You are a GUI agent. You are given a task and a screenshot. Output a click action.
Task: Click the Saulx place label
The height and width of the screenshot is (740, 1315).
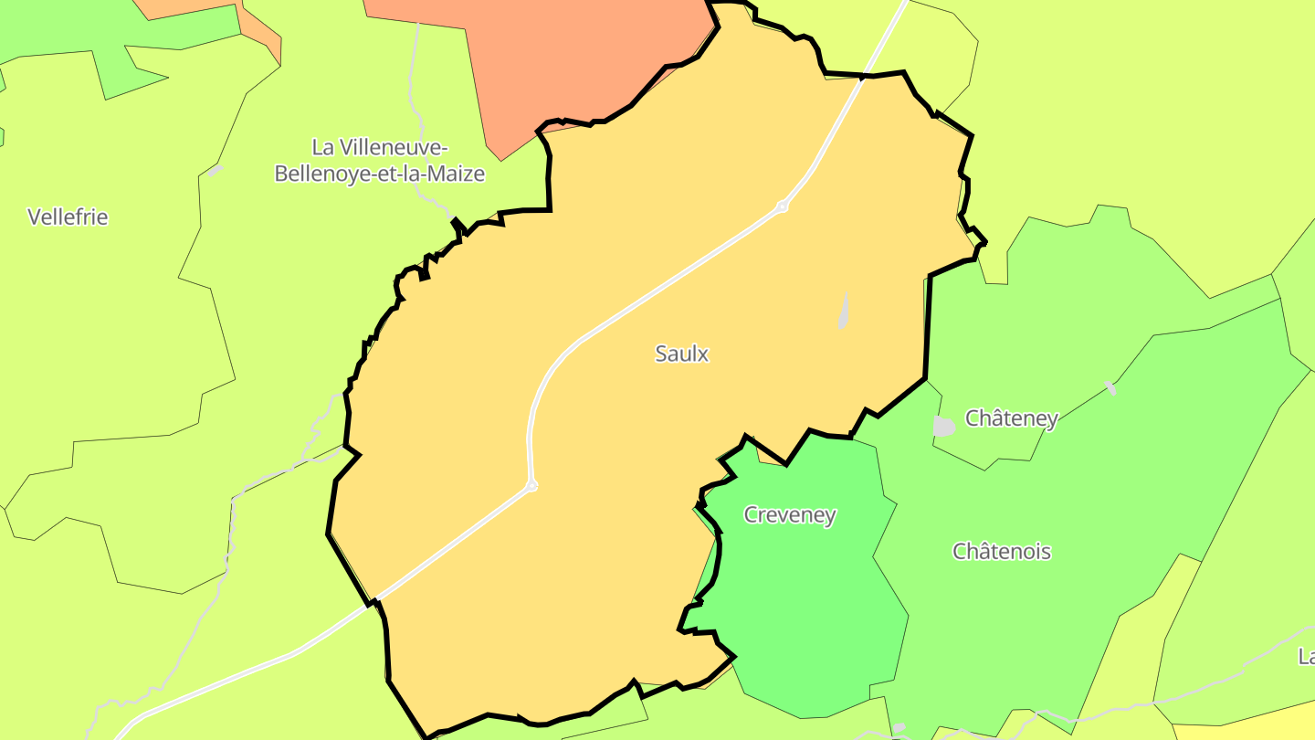(x=681, y=354)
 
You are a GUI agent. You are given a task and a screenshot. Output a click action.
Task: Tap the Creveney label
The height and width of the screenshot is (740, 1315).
(x=790, y=514)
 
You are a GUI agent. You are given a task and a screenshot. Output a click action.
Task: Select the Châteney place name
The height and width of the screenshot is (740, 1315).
(x=1011, y=418)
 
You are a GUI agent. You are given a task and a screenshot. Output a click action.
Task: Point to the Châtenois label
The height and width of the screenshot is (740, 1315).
(x=1002, y=552)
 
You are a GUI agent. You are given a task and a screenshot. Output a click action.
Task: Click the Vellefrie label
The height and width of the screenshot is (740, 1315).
(x=68, y=217)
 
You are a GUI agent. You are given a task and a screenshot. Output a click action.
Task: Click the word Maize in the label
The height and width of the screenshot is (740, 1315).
(x=456, y=174)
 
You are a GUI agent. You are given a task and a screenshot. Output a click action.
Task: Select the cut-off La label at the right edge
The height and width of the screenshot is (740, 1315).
(x=1306, y=656)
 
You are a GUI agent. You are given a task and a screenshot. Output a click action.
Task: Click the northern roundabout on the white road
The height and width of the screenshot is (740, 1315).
(x=782, y=206)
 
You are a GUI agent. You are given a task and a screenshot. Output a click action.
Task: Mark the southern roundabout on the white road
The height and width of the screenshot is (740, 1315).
(x=531, y=485)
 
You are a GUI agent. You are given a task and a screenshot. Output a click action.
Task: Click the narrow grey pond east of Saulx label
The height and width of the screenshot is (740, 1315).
(x=843, y=312)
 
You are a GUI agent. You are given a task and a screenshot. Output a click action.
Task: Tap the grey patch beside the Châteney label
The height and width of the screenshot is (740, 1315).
(x=943, y=426)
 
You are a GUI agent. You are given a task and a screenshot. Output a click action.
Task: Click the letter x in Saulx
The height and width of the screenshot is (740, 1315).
(x=703, y=354)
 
